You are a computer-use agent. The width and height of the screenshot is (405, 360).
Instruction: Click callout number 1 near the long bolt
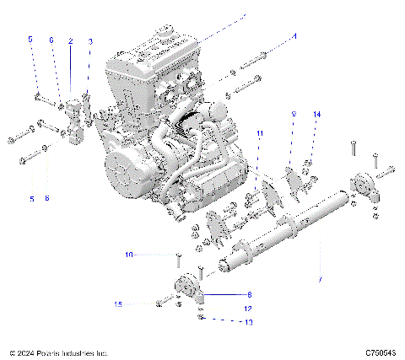pos(294,36)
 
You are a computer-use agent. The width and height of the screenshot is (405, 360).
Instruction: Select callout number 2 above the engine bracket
pos(70,40)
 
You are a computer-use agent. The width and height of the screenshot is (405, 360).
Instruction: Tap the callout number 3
pos(90,40)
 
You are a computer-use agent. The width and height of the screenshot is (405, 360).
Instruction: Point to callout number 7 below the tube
pos(319,279)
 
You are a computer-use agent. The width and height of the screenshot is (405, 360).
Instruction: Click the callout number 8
pos(249,294)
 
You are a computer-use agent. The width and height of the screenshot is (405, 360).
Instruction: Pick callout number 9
pos(294,113)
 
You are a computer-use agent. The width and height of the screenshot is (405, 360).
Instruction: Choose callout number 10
pos(128,254)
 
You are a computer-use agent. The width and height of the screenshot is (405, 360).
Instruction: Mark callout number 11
pos(260,134)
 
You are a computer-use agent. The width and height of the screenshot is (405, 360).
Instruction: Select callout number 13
pos(248,321)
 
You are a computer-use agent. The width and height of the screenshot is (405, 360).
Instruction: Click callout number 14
pos(317,113)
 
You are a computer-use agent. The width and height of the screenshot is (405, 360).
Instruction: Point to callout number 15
pos(118,304)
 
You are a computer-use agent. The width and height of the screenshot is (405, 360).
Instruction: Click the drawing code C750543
pos(381,352)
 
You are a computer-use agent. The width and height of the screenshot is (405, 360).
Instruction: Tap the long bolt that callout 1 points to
pos(253,60)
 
